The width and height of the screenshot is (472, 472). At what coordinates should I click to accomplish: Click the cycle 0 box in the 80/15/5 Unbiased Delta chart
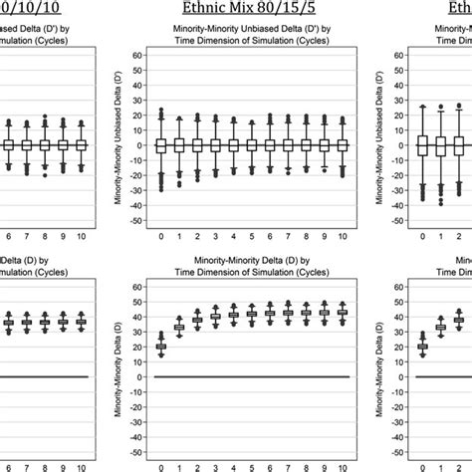(160, 145)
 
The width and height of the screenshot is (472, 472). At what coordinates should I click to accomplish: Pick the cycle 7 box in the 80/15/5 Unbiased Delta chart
(288, 145)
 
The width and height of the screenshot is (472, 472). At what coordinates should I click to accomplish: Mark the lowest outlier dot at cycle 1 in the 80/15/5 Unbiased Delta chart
(179, 185)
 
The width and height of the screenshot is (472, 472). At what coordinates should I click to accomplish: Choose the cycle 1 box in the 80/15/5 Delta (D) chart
(179, 327)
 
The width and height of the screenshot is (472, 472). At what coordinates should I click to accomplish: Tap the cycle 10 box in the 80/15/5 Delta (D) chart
(342, 313)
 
